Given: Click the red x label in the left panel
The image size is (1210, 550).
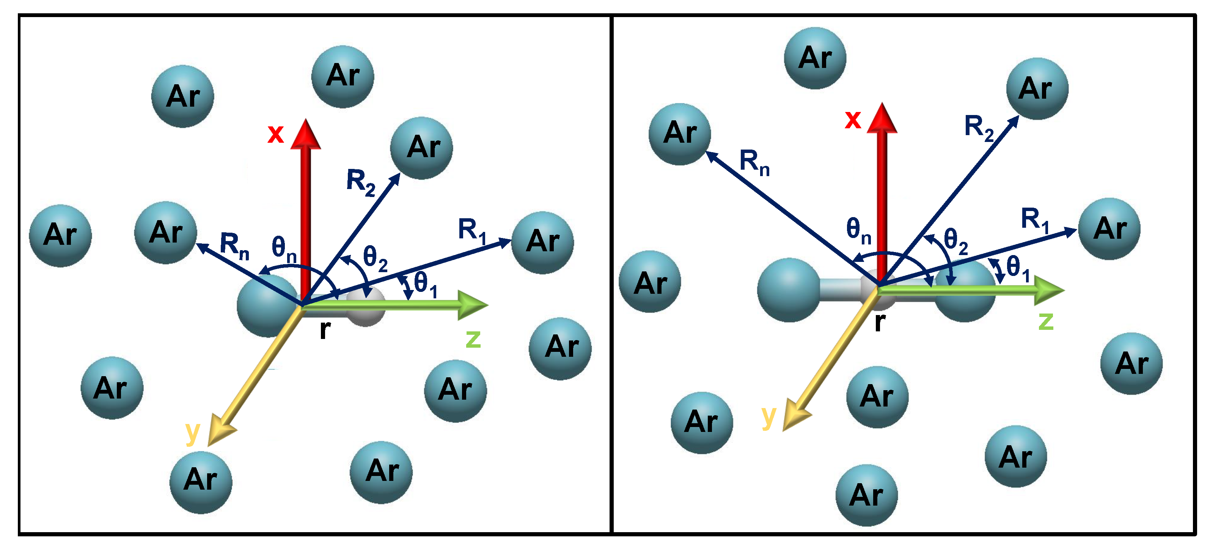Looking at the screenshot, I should tap(276, 134).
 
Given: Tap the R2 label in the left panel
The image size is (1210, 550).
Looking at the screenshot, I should tap(360, 183).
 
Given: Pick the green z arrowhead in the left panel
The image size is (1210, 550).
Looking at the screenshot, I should tap(472, 305).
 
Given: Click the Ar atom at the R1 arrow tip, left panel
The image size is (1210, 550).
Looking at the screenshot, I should tap(542, 243).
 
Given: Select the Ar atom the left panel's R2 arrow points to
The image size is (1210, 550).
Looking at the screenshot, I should tap(421, 148).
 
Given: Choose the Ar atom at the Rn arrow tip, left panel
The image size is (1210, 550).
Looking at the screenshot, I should tap(165, 233).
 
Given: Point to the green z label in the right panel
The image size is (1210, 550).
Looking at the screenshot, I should tap(1046, 321).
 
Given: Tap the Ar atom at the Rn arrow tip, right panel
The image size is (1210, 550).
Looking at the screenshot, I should tap(680, 134).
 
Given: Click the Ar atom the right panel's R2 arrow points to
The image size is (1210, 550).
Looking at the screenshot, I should tap(1037, 89).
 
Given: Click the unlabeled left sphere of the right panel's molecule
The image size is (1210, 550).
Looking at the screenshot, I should tap(789, 290).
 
